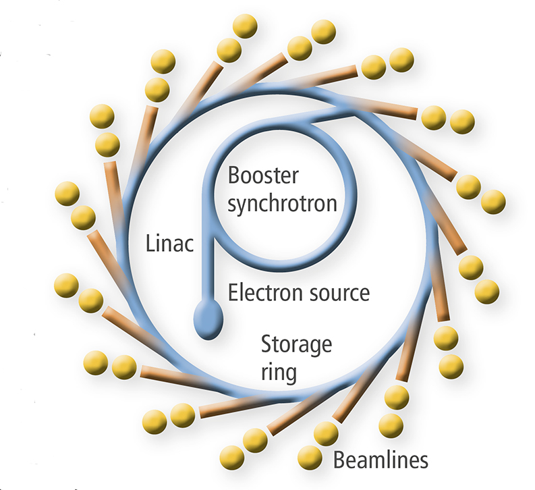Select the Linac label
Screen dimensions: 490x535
(x=170, y=243)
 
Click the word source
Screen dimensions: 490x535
(x=339, y=294)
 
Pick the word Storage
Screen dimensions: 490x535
(x=296, y=346)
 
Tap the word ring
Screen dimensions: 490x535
(x=278, y=373)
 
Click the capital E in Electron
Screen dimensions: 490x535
(x=233, y=292)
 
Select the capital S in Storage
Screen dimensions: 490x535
(x=267, y=345)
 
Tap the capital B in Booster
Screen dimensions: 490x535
(x=233, y=176)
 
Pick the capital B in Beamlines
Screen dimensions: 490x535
(x=339, y=461)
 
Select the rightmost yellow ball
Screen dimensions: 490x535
(x=492, y=201)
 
